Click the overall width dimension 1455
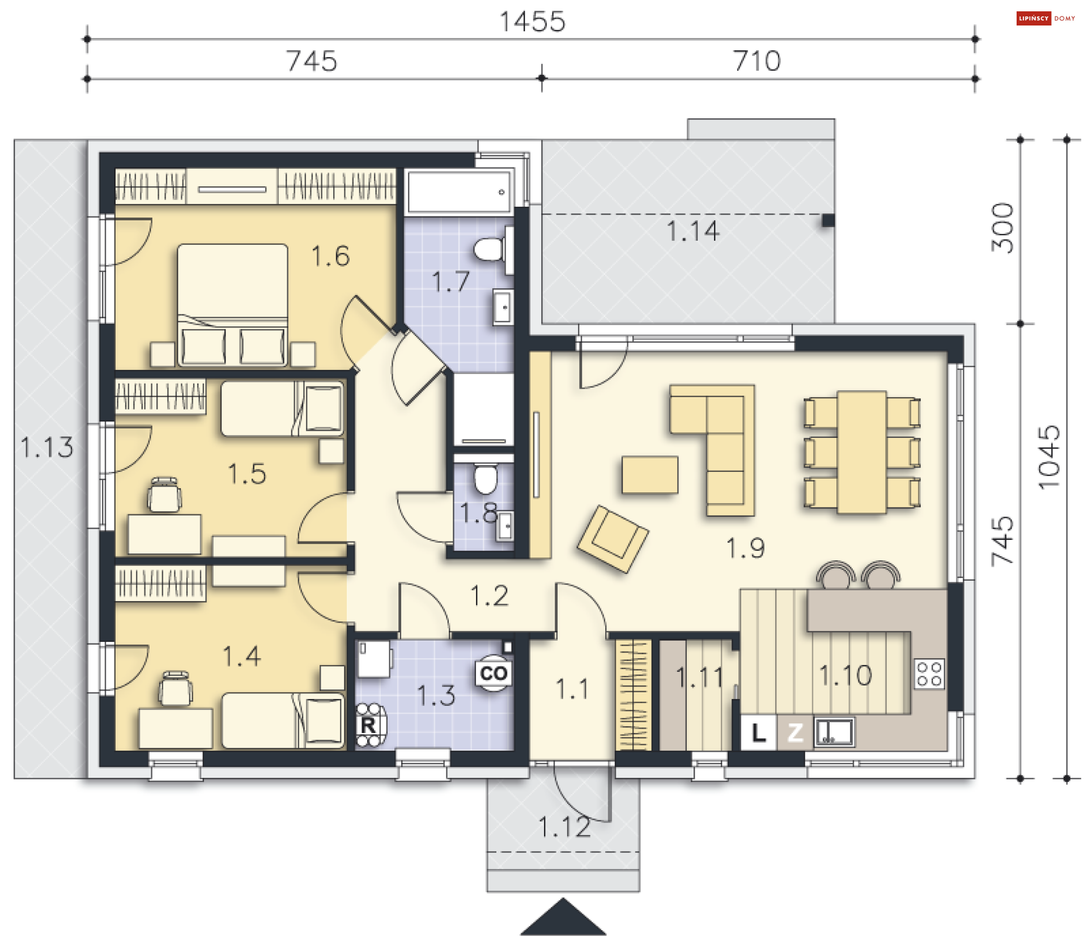point(532,22)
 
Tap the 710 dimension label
point(757,61)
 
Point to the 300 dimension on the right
point(1002,228)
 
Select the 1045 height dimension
point(1048,457)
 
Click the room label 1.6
point(331,256)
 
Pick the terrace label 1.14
point(693,231)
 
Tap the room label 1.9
point(746,548)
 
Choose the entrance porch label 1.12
point(564,827)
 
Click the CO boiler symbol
point(494,673)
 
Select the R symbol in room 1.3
point(369,725)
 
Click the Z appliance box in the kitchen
point(794,733)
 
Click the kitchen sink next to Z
point(834,732)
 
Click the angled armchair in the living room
point(613,539)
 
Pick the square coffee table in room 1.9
point(650,475)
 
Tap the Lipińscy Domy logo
point(1045,18)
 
